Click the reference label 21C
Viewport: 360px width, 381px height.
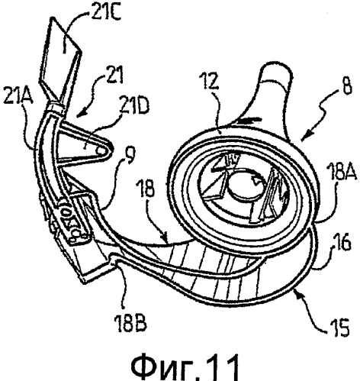pos(106,11)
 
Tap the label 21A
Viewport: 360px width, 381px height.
pos(18,95)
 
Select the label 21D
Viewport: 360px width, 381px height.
pos(134,106)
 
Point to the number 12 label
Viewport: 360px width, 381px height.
pos(209,80)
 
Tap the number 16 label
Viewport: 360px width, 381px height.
pos(342,242)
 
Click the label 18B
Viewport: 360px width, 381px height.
pos(130,322)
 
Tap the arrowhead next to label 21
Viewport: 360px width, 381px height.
pos(81,114)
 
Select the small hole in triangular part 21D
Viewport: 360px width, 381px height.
pos(101,151)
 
